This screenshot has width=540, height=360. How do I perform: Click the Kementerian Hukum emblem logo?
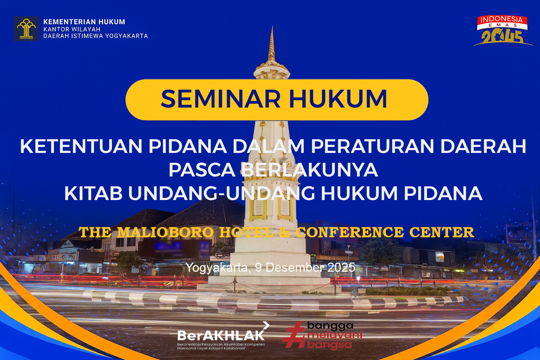pos(26,29)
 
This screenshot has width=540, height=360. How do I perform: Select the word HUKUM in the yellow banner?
pos(338,99)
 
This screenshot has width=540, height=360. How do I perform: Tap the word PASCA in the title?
pos(201,170)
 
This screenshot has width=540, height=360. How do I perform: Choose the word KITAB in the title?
pos(93,193)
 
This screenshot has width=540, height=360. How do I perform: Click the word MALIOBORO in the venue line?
pos(165,232)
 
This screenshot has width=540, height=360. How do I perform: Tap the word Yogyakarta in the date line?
pos(217,268)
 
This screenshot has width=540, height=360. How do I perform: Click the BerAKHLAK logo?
pos(221,336)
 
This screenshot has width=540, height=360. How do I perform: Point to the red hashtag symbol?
pos(294,335)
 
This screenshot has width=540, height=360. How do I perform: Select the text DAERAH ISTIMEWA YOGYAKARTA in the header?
pos(96,36)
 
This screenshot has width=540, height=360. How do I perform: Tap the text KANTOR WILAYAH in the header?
pos(72,29)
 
